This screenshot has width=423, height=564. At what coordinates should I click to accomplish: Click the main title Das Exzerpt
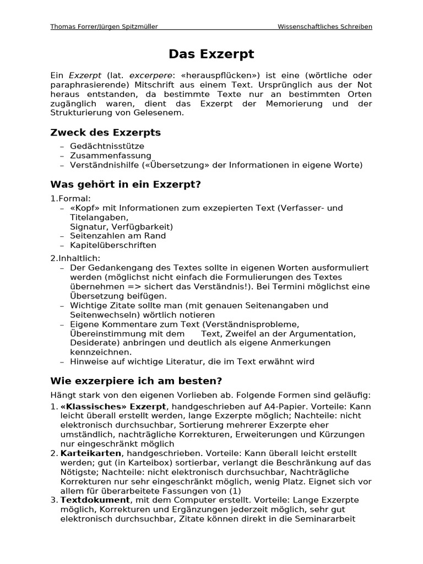[x=211, y=54]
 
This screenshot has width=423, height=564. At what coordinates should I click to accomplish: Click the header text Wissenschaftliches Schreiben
[x=324, y=26]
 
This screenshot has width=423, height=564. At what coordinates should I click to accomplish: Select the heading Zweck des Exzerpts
[x=105, y=133]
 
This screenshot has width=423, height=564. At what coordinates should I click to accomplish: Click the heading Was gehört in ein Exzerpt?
[x=126, y=184]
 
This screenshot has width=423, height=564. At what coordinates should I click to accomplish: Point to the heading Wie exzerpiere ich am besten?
[x=136, y=381]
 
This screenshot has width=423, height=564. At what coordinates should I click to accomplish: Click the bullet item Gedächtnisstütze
[x=107, y=146]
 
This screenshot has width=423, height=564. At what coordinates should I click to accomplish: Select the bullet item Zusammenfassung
[x=110, y=155]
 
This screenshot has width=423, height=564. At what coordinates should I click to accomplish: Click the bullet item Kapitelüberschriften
[x=113, y=245]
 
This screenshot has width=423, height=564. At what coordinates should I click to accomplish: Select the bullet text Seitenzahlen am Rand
[x=118, y=236]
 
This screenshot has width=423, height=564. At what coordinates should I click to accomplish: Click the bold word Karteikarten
[x=90, y=453]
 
